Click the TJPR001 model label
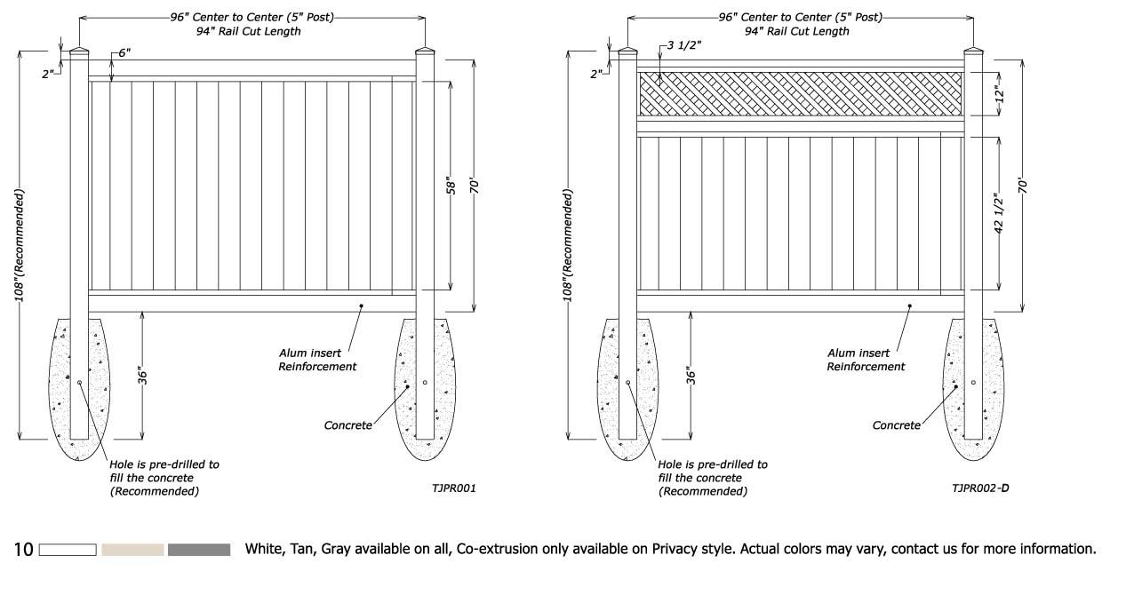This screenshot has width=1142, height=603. (x=454, y=488)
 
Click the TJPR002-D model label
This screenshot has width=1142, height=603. (x=980, y=488)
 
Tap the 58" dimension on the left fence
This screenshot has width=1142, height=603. (x=451, y=187)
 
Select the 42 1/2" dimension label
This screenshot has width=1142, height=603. (x=998, y=214)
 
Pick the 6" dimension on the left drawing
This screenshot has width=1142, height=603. (x=124, y=52)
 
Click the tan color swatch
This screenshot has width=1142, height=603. (x=132, y=550)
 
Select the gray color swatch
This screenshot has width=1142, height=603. (x=198, y=550)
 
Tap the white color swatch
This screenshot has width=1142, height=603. (x=68, y=550)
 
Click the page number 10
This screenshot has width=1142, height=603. (x=23, y=550)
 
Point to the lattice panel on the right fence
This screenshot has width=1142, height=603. (x=800, y=92)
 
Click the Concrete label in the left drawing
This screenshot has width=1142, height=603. (x=347, y=425)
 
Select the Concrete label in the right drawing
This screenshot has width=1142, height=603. (x=896, y=425)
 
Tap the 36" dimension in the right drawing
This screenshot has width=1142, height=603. (x=689, y=376)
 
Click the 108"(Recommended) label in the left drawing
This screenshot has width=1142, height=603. (x=20, y=245)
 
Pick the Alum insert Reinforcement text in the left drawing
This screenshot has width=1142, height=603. (x=317, y=360)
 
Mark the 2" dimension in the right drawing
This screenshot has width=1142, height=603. (x=595, y=74)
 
